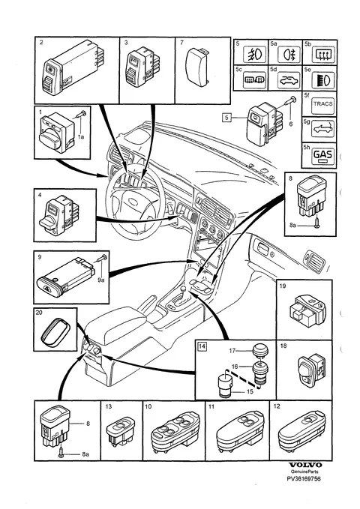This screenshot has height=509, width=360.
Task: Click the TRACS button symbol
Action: [x=322, y=104]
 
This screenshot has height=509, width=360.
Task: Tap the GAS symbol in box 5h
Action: [x=323, y=154]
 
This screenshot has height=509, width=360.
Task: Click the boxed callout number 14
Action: [x=202, y=346]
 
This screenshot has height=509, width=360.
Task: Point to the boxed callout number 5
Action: [x=226, y=117]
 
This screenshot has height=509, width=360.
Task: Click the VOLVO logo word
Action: [x=305, y=466]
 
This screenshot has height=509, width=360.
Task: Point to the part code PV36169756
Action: [x=304, y=478]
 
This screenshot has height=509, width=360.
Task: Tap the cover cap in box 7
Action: [x=197, y=67]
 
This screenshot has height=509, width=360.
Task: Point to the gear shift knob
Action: [x=183, y=288]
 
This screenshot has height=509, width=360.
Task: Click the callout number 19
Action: [x=282, y=286]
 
